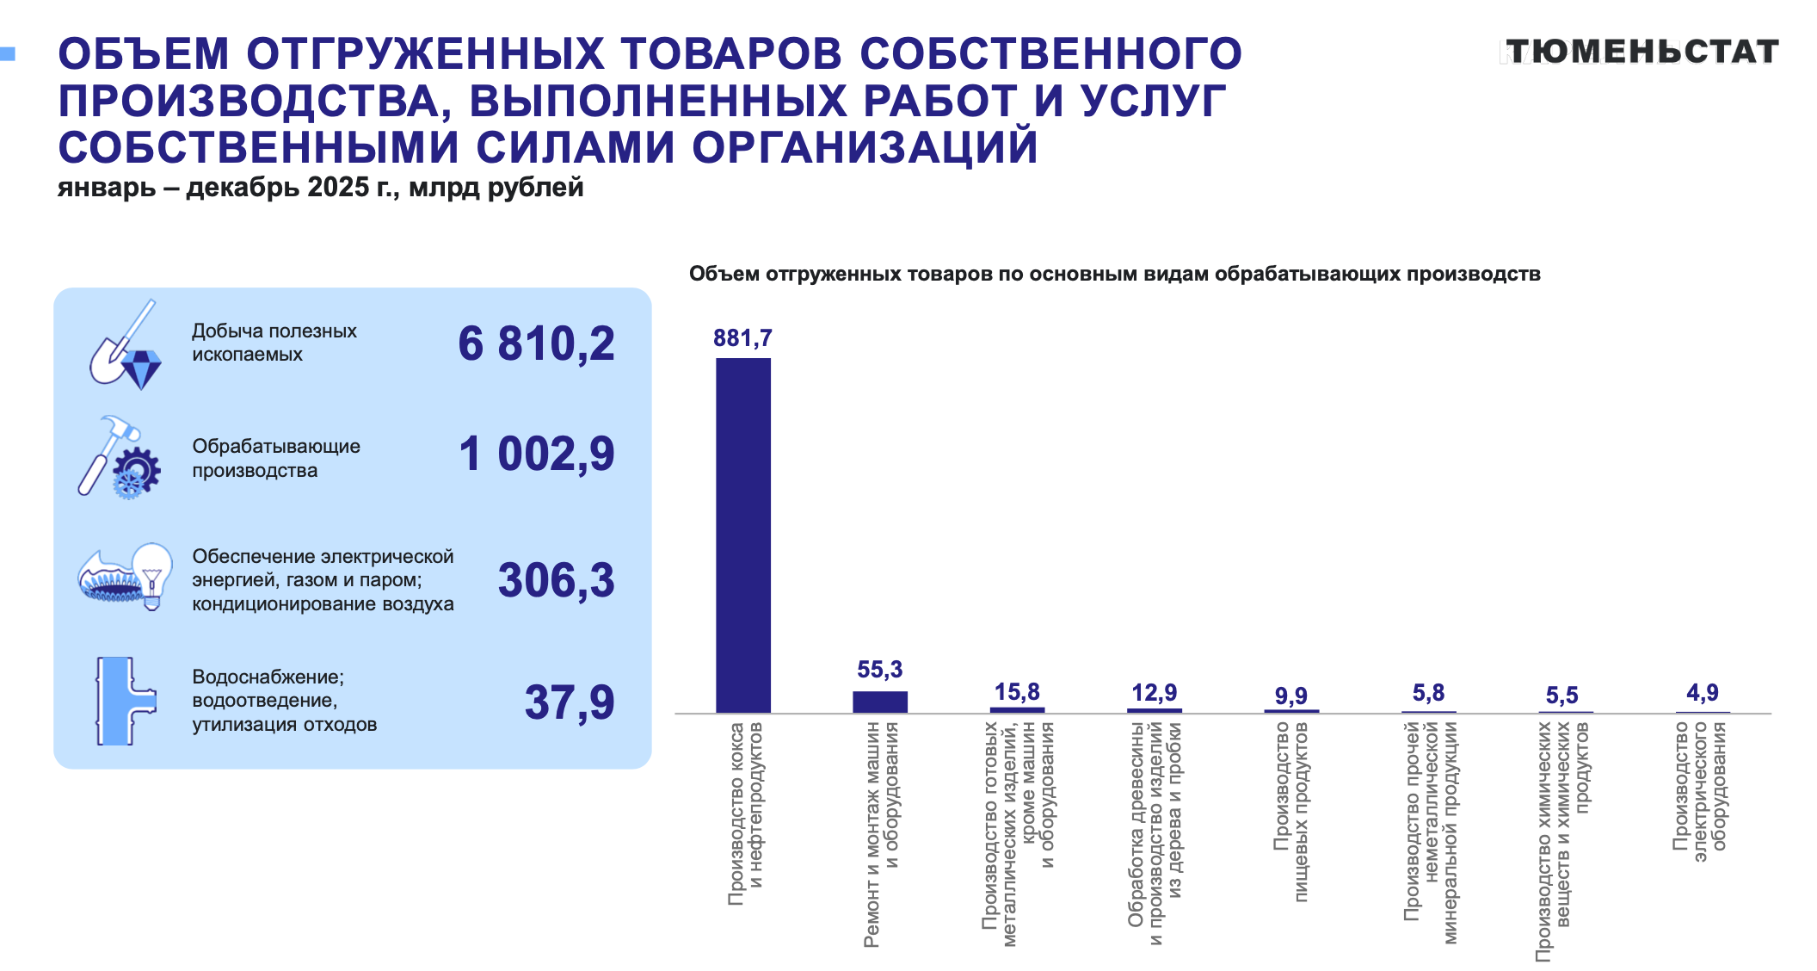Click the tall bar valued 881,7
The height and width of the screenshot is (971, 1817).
point(742,534)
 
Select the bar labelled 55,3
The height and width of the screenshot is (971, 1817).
point(879,702)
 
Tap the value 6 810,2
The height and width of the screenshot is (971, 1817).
point(536,343)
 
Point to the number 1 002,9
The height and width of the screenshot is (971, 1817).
point(536,454)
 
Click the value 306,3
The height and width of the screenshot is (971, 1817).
point(556,579)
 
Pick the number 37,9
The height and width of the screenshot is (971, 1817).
point(569,702)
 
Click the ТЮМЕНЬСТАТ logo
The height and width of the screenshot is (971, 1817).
point(1641,52)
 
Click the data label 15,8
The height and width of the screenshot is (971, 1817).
point(1017,692)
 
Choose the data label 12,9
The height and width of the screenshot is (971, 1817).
point(1154,693)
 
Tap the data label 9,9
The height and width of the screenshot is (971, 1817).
point(1290,696)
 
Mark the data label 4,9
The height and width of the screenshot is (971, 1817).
point(1702,693)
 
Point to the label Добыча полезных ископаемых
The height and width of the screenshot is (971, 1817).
point(274,343)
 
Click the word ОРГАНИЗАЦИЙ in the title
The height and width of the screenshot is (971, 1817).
point(865,147)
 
